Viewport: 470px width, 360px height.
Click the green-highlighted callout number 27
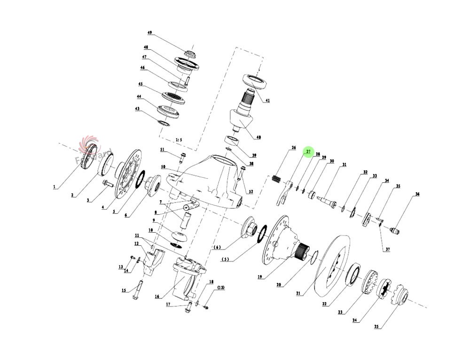[308, 151]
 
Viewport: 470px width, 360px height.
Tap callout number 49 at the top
[149, 33]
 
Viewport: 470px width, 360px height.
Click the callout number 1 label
[54, 187]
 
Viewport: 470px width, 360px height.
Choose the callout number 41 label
[267, 101]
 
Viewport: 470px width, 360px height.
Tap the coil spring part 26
[278, 180]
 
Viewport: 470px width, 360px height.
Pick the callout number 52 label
[251, 191]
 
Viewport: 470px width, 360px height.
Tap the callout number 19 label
[259, 277]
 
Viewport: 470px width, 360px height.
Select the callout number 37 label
[388, 249]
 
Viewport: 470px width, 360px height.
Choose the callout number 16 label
[157, 297]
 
